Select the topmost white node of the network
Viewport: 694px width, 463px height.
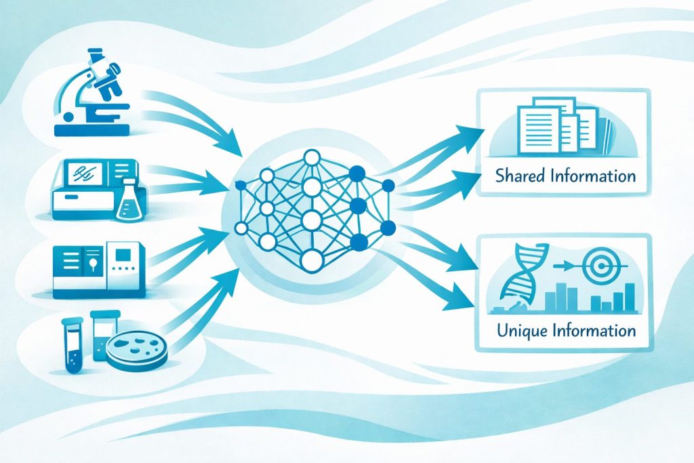point(312,157)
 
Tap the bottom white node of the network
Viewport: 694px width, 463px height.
point(312,260)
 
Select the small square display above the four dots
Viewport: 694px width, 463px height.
point(123,254)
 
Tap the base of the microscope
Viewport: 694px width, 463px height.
point(92,130)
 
